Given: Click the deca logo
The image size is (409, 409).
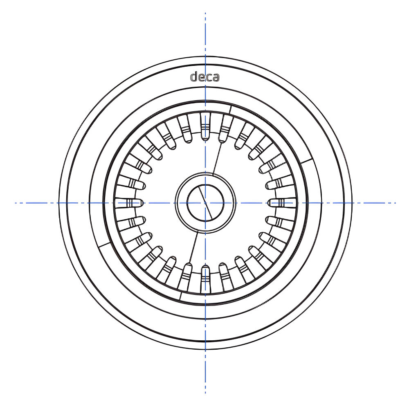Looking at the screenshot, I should [205, 76].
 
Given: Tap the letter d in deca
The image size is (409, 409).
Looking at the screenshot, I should [194, 76].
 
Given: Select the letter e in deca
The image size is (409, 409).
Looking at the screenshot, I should [202, 77].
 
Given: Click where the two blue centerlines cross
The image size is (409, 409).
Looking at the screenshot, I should [205, 203].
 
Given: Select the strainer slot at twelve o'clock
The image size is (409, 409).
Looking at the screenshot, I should [205, 127].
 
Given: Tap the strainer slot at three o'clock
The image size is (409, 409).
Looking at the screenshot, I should [281, 203].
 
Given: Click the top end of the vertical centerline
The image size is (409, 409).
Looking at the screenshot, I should [205, 13].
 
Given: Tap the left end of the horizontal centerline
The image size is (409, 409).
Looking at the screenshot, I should [16, 203].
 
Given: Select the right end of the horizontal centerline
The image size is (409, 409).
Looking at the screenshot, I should [395, 203].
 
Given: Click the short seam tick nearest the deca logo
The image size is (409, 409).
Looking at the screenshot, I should [231, 108].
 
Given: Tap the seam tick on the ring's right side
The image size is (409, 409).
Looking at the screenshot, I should [307, 160].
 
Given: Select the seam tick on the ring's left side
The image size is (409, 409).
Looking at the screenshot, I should [104, 246].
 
